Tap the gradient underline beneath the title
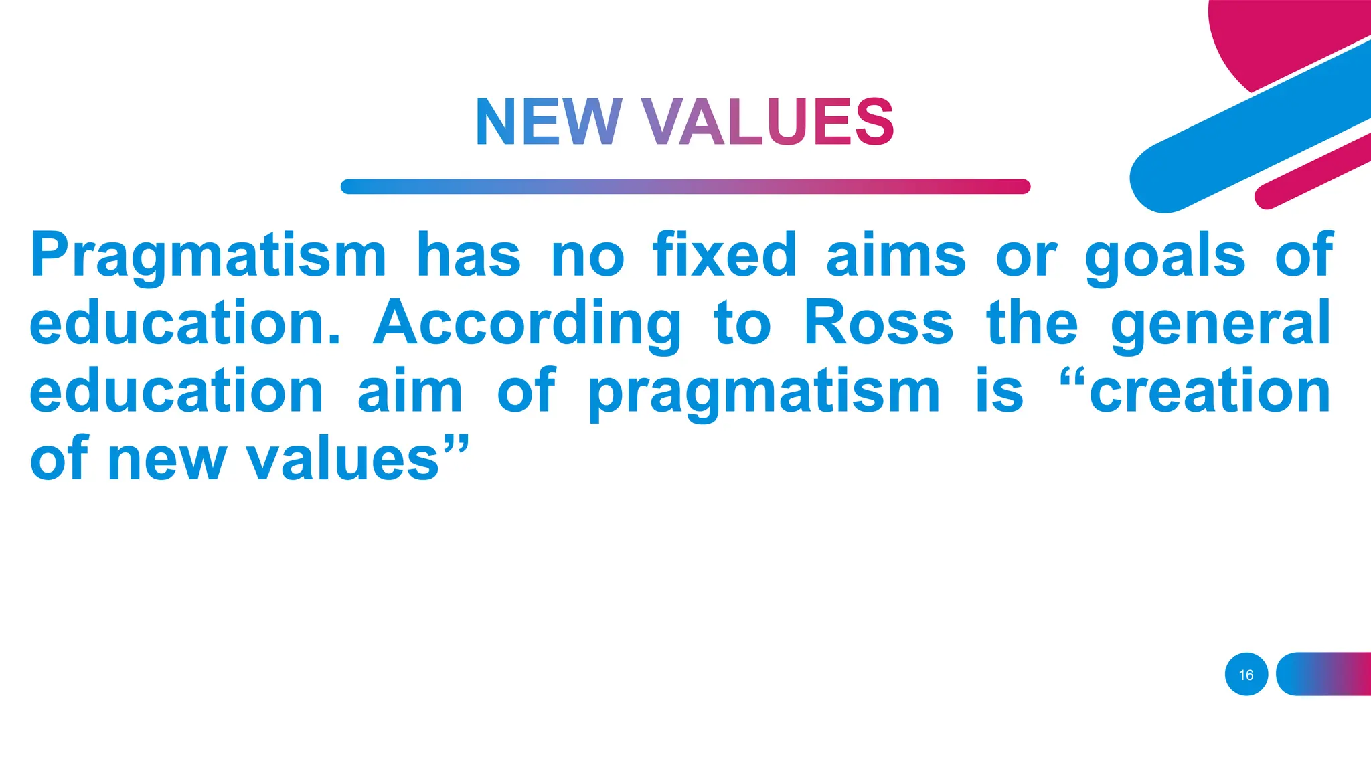point(685,187)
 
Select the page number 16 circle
point(1246,675)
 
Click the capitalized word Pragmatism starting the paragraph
point(208,256)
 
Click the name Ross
point(878,323)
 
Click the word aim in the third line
point(410,392)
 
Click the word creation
point(1210,392)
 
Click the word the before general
point(1032,323)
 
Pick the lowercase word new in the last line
point(167,460)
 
